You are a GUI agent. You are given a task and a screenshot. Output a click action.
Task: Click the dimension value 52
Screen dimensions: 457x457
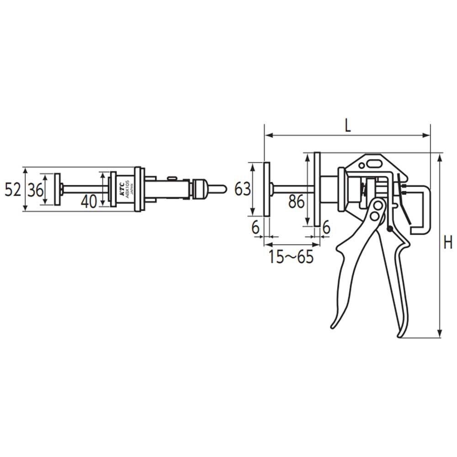coord(13,189)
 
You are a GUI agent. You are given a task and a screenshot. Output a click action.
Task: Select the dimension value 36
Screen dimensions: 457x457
coord(34,189)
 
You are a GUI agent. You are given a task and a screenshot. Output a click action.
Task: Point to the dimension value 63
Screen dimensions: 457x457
coord(242,188)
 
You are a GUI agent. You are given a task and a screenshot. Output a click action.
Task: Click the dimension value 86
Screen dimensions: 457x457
coord(297,201)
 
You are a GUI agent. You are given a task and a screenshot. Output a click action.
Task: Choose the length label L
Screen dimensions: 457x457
coord(348,126)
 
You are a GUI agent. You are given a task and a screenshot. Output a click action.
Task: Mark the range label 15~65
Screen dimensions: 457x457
coord(291,257)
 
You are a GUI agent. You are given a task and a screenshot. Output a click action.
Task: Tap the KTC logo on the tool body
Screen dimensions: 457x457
coord(122,188)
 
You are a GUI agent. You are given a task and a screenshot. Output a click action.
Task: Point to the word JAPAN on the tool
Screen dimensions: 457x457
coord(132,188)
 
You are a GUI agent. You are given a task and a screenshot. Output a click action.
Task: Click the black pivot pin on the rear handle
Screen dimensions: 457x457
coord(389,228)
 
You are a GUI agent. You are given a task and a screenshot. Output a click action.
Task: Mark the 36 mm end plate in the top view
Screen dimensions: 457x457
coord(57,189)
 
